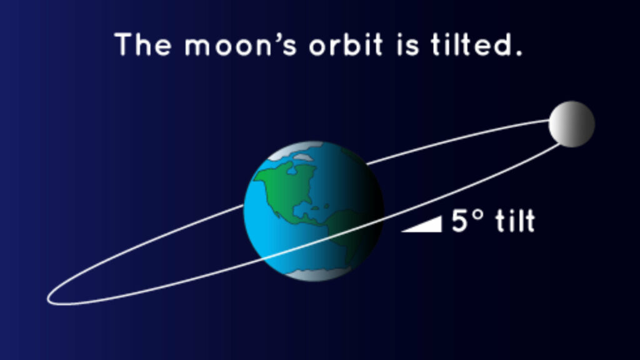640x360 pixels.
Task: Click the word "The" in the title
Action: [x=143, y=44]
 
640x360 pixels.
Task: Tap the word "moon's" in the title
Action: [x=241, y=44]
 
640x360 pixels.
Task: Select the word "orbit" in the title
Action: [x=346, y=44]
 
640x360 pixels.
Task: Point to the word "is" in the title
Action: [x=407, y=44]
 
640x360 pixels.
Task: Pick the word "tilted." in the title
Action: [x=476, y=44]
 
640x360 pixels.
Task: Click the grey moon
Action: [x=571, y=124]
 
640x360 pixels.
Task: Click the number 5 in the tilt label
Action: [x=459, y=221]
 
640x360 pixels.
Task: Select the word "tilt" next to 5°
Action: [x=515, y=221]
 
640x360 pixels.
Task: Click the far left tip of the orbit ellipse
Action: [x=47, y=299]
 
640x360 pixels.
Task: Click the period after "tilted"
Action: [x=519, y=53]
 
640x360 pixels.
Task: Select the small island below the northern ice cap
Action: [x=303, y=157]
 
